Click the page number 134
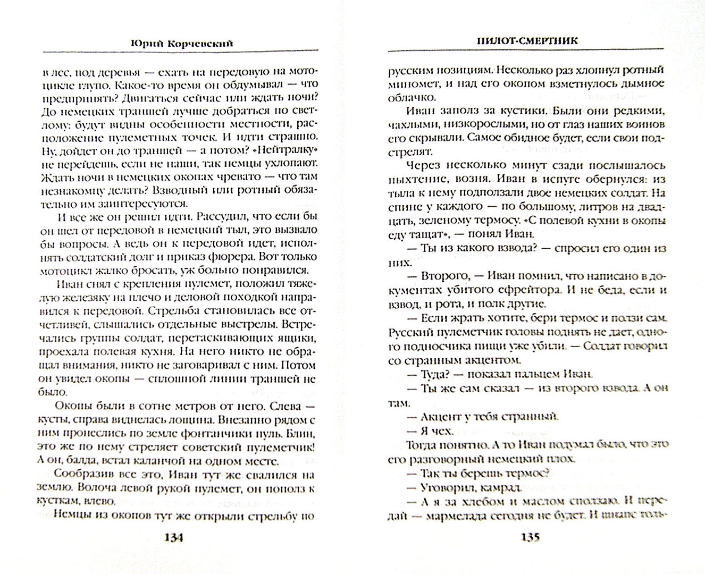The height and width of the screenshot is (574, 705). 174,537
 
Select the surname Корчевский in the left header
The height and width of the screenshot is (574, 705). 203,44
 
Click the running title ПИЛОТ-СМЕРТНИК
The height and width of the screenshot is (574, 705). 526,40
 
